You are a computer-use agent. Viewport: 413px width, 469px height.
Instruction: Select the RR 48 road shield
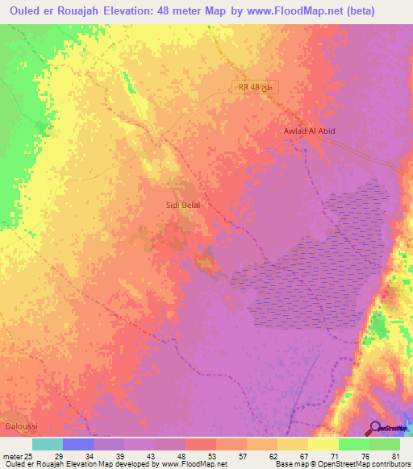(x=257, y=87)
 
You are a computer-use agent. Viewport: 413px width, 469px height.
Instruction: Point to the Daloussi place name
(x=19, y=425)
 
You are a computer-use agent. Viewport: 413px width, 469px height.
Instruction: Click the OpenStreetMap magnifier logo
(x=377, y=429)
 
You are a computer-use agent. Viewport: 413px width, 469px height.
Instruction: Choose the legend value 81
(x=395, y=455)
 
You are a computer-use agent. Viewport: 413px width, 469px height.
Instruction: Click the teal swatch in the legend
(x=48, y=444)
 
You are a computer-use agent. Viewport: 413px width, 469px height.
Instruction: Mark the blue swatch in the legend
(x=78, y=444)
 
